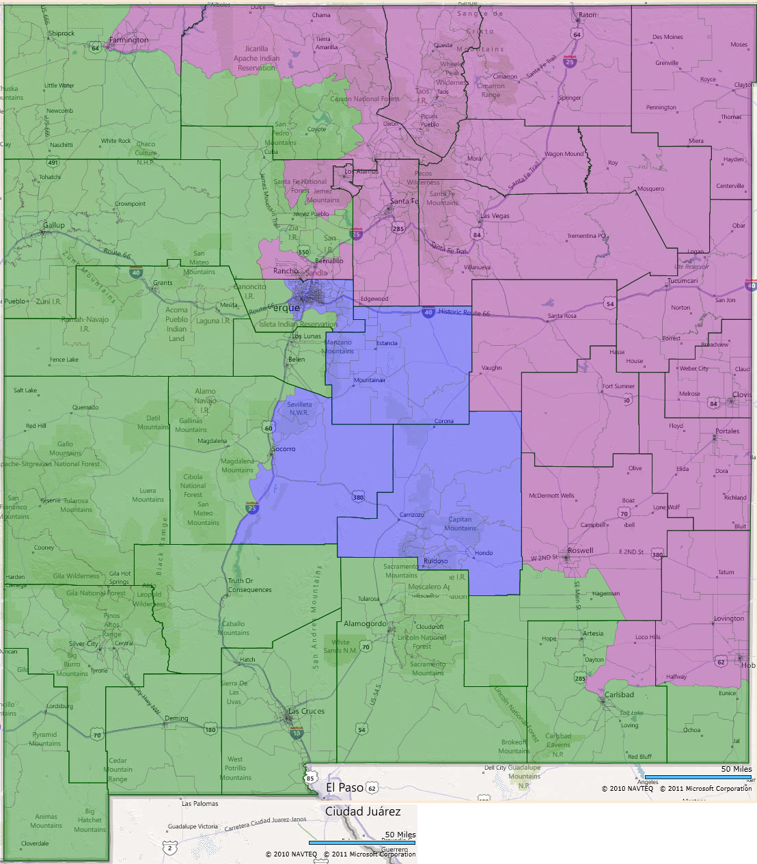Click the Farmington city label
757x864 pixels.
[x=128, y=40]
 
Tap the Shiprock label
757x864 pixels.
[x=61, y=33]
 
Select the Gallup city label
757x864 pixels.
[x=54, y=225]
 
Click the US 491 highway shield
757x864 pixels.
[x=53, y=162]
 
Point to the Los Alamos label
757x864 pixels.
[x=361, y=172]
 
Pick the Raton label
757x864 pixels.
[x=588, y=15]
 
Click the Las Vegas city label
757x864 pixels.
[x=495, y=216]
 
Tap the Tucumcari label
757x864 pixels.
[x=683, y=281]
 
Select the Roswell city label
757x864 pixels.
[x=581, y=550]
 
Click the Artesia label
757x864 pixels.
[x=593, y=634]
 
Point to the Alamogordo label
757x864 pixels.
[x=365, y=623]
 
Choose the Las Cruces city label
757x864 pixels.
[x=306, y=711]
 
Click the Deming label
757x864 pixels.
[x=176, y=718]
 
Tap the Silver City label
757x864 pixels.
[x=83, y=644]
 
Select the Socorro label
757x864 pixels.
[x=284, y=449]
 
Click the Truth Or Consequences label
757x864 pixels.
[x=249, y=585]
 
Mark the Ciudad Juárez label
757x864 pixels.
[x=363, y=811]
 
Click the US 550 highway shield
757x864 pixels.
[x=303, y=252]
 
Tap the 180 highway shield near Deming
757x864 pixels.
[x=210, y=729]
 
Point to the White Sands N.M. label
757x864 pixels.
[x=344, y=646]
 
